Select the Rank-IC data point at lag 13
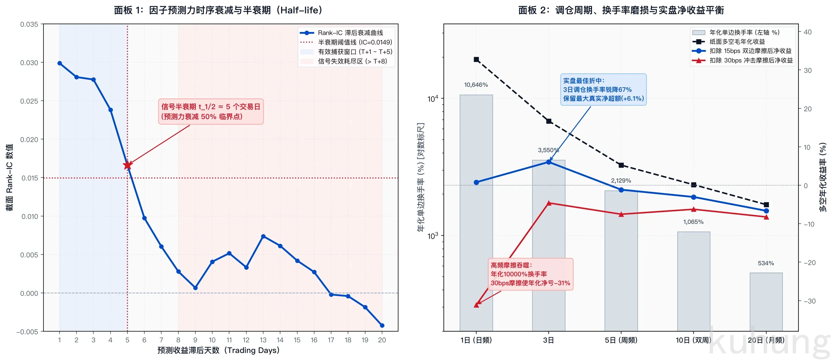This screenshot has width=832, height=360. pos(263,236)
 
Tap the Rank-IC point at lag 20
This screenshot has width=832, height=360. pos(382,325)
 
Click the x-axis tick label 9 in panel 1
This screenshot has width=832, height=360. pos(195,340)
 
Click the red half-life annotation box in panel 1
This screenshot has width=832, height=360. pos(211,111)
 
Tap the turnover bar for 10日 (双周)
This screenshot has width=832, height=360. pos(694,281)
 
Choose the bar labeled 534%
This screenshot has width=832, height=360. pos(766,302)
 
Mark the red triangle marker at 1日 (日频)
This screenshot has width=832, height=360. pos(477,305)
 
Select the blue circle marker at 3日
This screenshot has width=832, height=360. pos(549,162)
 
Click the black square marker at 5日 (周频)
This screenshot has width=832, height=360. pos(621,165)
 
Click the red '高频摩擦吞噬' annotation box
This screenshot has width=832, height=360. pos(530,274)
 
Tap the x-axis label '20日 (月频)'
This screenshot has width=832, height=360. pos(766,340)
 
